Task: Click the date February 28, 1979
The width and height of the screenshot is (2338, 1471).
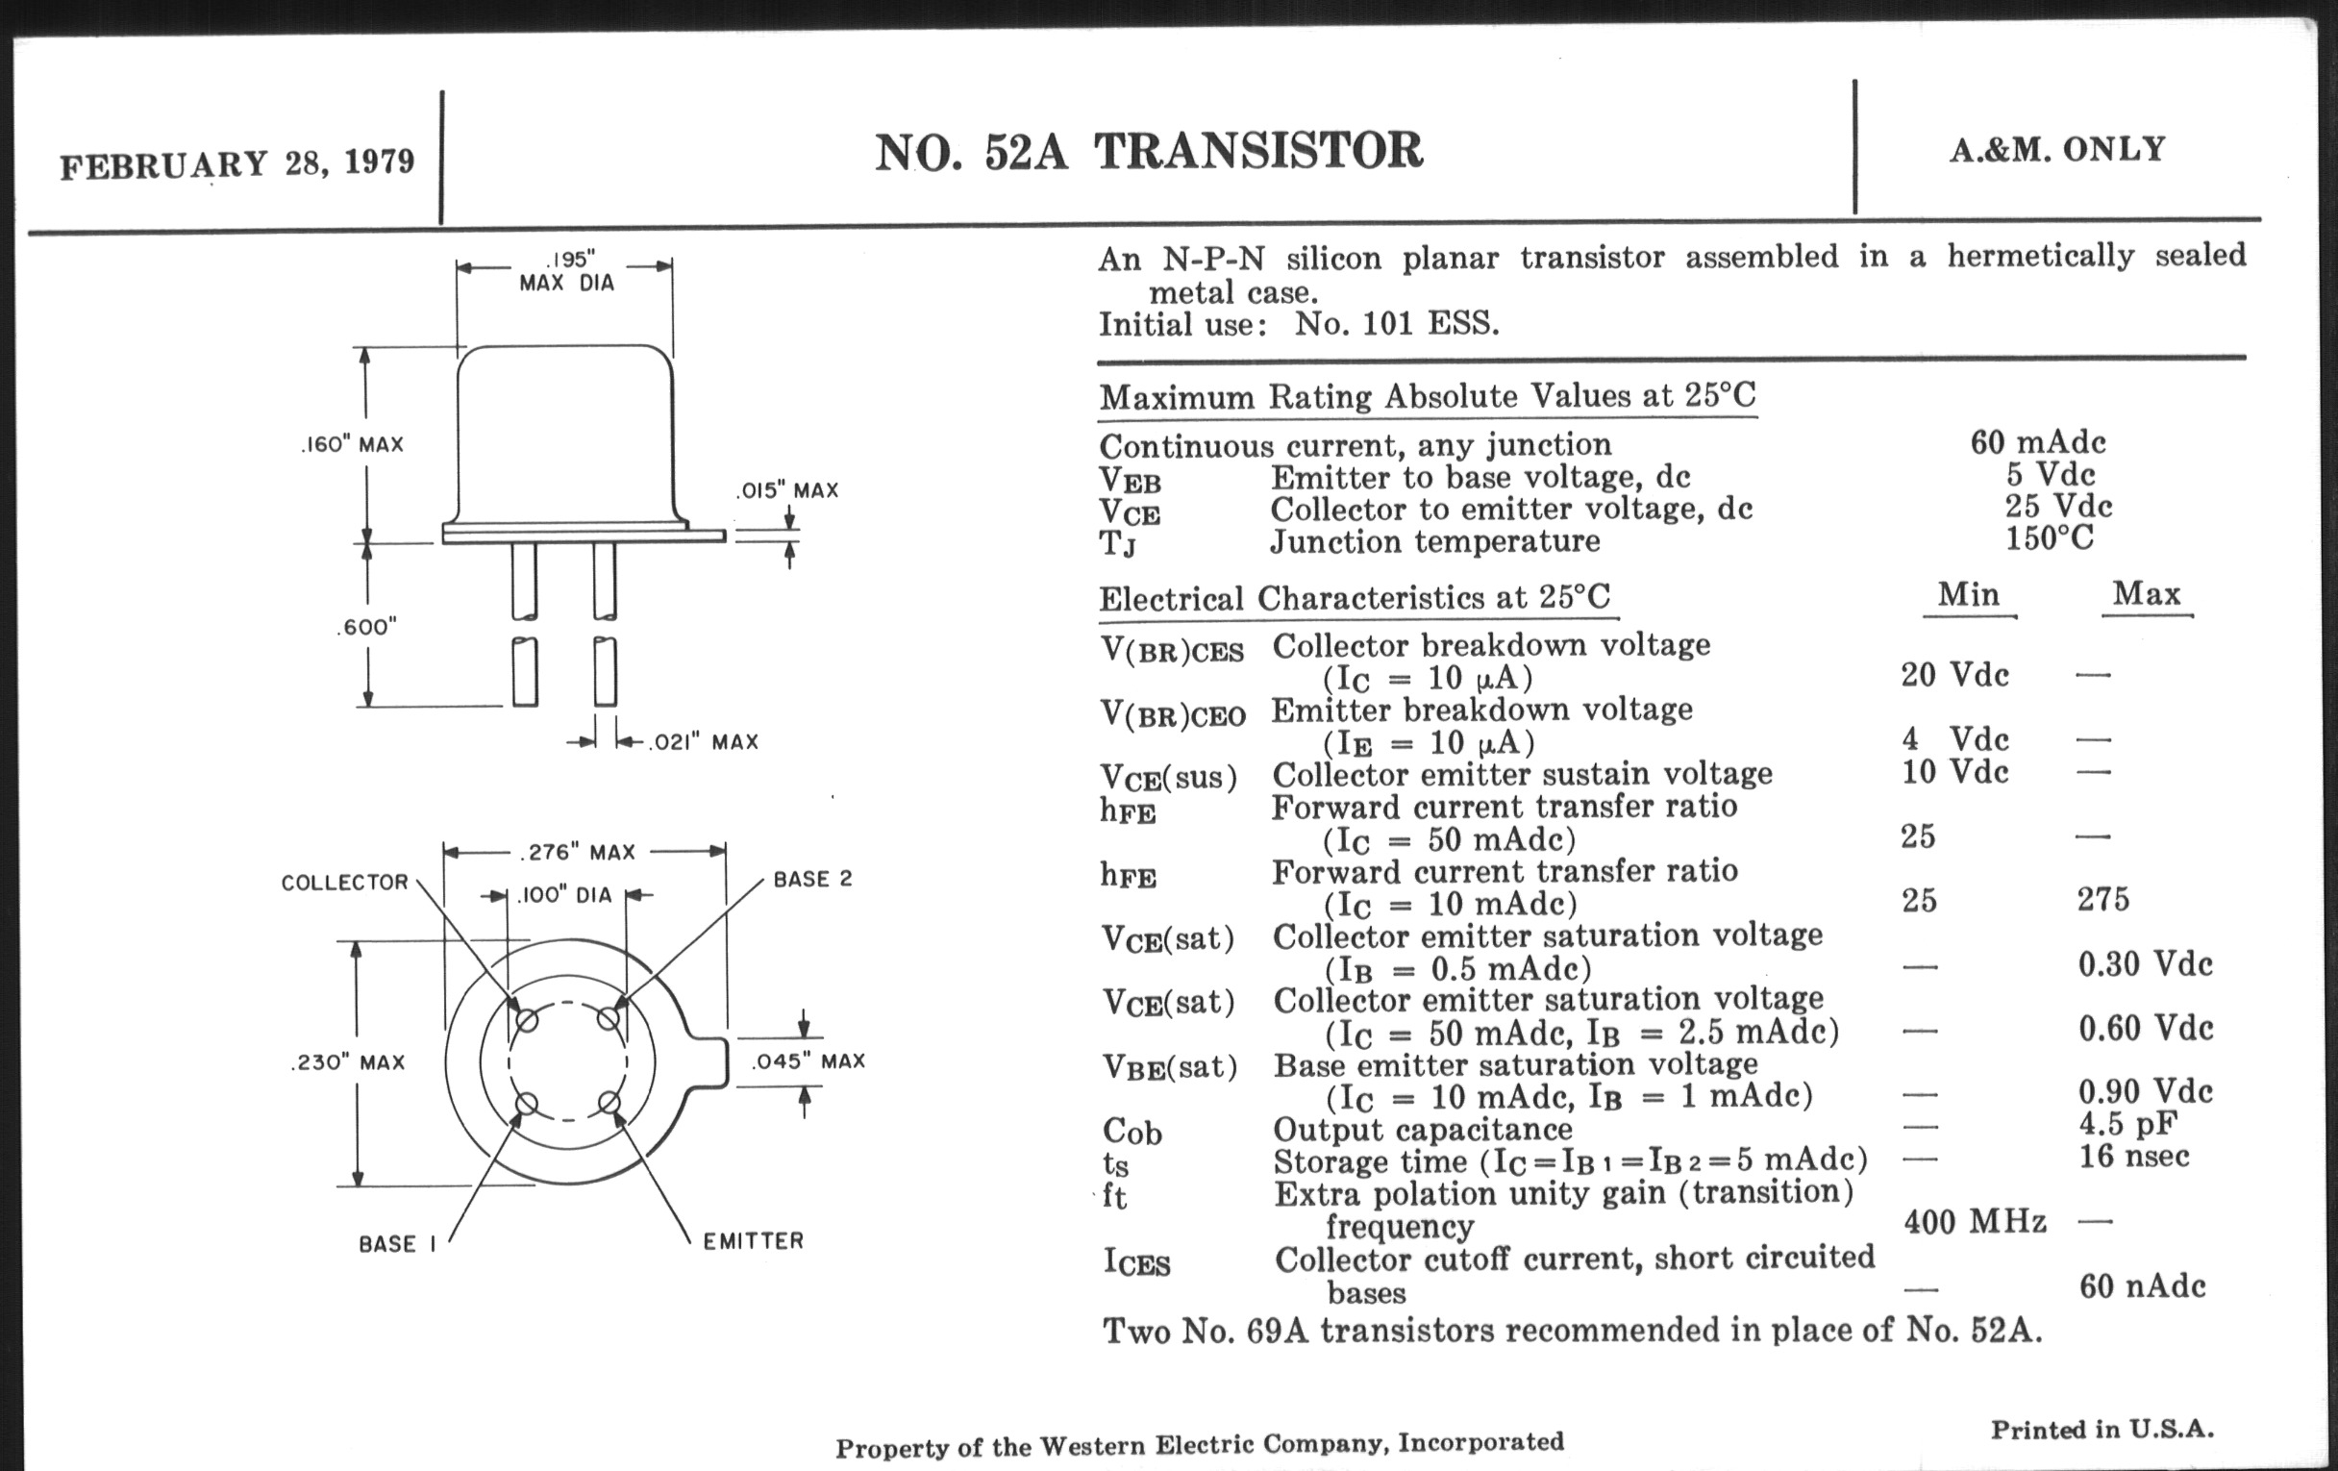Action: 236,162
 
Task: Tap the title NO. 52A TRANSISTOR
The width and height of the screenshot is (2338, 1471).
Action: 1149,153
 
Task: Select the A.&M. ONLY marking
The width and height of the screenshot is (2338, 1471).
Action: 2057,150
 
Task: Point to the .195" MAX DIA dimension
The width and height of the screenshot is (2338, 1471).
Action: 568,272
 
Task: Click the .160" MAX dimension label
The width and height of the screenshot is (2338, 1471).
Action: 352,445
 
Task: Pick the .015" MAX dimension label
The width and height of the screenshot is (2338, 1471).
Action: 786,490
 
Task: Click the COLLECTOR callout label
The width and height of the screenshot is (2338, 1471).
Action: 345,883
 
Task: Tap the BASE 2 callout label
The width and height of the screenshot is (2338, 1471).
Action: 812,880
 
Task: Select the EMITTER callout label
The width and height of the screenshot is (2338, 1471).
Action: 754,1241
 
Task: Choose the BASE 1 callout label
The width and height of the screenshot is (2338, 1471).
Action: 397,1244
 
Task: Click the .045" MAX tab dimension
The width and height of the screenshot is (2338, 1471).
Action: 808,1061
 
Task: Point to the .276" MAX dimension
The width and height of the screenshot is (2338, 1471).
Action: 579,853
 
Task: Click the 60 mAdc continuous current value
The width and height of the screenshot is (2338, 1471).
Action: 2038,443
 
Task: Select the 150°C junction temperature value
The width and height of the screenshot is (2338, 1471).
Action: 2050,537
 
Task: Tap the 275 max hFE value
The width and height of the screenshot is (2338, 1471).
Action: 2103,899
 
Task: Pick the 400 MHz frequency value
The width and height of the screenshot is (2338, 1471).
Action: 1975,1221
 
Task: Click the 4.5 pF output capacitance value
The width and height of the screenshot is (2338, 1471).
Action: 2127,1123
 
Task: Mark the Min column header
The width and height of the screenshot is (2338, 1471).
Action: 1968,594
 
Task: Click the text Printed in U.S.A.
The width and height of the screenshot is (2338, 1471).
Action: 2102,1430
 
